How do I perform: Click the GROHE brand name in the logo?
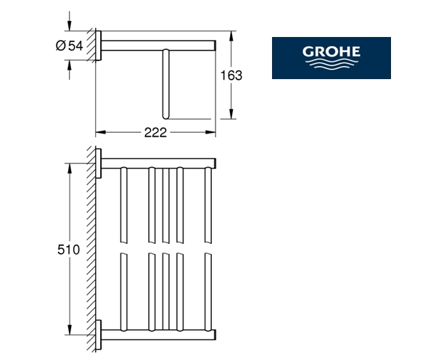coord(331,52)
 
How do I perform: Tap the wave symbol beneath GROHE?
coord(331,64)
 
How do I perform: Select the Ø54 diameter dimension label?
coord(69,46)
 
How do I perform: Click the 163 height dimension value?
coord(231,75)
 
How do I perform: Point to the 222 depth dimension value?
coord(155,133)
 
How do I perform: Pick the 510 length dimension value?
coord(68,250)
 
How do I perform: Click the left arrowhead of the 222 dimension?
coord(100,132)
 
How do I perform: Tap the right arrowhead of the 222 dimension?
coord(210,132)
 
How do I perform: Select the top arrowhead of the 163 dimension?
coord(231,36)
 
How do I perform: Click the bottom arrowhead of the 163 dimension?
coord(231,114)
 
